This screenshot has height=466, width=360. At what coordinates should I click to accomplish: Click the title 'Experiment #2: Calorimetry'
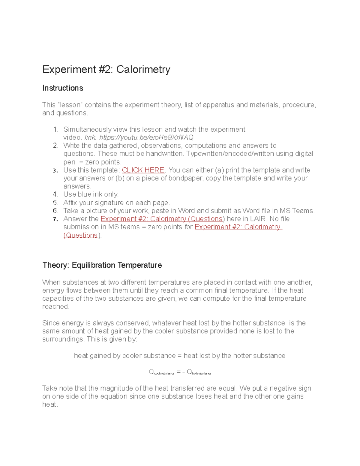click(106, 69)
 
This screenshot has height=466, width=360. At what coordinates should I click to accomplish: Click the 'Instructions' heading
click(63, 88)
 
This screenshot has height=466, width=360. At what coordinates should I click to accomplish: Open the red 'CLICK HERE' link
click(143, 170)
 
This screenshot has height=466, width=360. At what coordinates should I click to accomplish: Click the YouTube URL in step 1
click(146, 137)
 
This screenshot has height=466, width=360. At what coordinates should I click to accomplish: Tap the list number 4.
click(55, 194)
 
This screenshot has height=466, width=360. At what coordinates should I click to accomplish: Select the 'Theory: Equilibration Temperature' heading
click(102, 265)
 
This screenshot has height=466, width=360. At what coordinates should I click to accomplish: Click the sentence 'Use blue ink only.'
click(91, 194)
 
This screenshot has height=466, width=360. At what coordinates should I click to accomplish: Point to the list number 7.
click(55, 219)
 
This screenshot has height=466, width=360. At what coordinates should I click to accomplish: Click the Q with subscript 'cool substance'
click(161, 372)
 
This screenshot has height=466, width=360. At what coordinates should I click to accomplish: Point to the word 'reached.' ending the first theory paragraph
click(56, 307)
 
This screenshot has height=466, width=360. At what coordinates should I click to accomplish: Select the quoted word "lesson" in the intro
click(70, 105)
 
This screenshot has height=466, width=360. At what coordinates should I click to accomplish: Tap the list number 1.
click(55, 130)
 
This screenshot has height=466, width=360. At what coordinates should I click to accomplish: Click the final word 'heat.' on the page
click(50, 404)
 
